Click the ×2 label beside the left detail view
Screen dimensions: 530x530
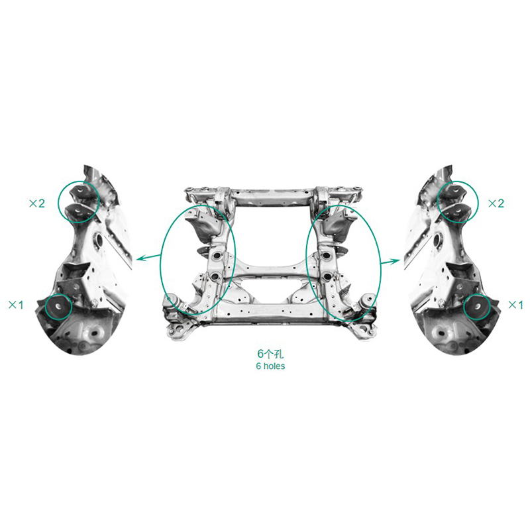[37, 203]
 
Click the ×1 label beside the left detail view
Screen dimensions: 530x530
[16, 305]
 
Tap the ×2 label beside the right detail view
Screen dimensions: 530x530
[496, 203]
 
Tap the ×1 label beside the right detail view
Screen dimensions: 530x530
[516, 305]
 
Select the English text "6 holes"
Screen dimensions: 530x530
[270, 366]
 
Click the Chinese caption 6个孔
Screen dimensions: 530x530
[270, 354]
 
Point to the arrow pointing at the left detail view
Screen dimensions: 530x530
[148, 258]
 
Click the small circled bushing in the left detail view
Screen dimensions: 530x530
[58, 307]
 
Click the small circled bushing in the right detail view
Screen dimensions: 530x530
[477, 307]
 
